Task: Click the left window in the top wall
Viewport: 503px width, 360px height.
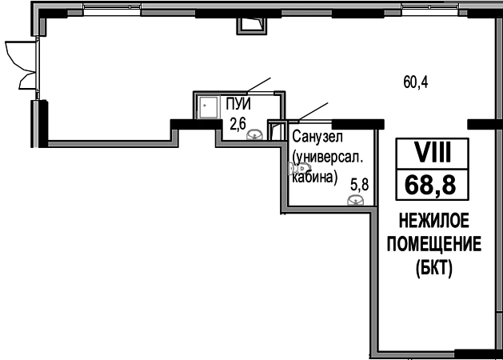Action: pyautogui.click(x=111, y=8)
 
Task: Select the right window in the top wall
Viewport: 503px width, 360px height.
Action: pyautogui.click(x=429, y=8)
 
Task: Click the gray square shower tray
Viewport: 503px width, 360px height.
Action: pyautogui.click(x=208, y=106)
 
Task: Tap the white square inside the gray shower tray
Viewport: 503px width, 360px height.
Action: pyautogui.click(x=208, y=111)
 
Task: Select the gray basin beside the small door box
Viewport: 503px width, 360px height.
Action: pyautogui.click(x=253, y=134)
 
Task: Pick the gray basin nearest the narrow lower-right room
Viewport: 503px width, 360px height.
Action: pyautogui.click(x=355, y=198)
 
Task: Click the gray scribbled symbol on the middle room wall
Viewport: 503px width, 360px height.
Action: pyautogui.click(x=299, y=167)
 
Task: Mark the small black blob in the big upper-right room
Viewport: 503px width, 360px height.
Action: pyautogui.click(x=416, y=81)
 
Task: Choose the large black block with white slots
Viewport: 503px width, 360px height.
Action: pyautogui.click(x=430, y=170)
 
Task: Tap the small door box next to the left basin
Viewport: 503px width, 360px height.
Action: pyautogui.click(x=277, y=130)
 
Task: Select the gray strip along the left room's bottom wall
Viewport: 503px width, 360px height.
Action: pyautogui.click(x=110, y=145)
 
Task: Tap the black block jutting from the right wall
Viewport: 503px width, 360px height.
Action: pyautogui.click(x=480, y=124)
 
